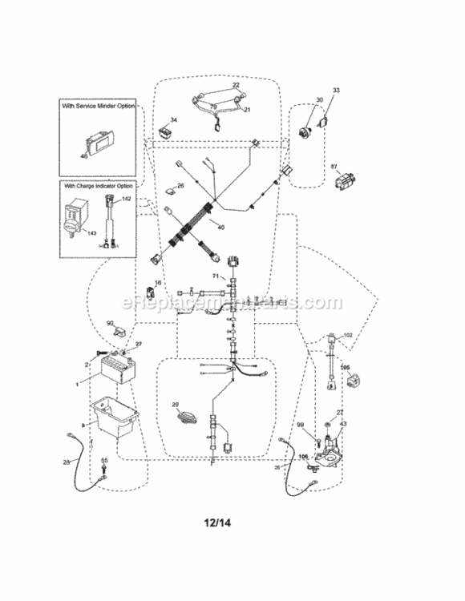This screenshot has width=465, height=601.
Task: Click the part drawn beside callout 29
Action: coord(184,418)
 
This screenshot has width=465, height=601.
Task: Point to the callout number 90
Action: coord(111,323)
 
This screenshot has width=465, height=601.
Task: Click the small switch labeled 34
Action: coord(167,128)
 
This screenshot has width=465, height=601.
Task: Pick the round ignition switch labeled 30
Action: coord(305,132)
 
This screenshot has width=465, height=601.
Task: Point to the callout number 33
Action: coord(336,91)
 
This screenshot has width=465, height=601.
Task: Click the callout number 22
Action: coord(237,84)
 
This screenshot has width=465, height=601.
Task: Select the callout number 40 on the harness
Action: coord(220,227)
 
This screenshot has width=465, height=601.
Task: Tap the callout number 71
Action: coord(215,275)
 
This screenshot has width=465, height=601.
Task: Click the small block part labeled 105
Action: coord(351,382)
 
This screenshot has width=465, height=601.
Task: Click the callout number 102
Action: coord(347,335)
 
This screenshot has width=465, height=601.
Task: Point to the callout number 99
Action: coord(301,424)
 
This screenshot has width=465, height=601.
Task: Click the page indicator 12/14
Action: coord(232,522)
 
